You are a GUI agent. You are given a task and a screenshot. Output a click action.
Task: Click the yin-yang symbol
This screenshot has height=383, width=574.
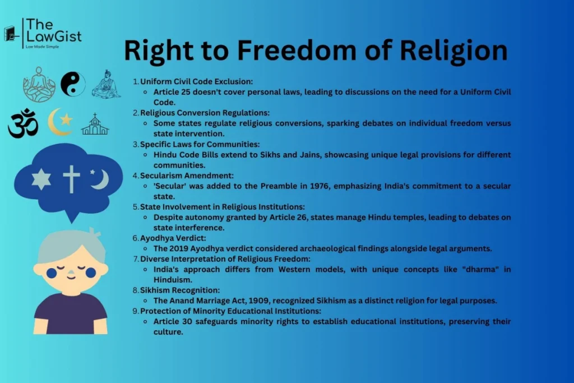pos(73,84)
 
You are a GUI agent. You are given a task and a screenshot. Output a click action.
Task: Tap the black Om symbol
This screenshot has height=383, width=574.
pos(23,123)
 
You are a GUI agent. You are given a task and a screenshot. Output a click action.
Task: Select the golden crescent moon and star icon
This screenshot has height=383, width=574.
pos(61,122)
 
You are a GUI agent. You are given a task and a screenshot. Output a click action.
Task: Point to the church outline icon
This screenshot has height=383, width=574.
pos(95,124)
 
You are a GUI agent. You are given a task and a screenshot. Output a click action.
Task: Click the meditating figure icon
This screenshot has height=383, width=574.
pos(39,85)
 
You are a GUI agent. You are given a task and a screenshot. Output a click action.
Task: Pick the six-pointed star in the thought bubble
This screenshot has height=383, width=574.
pos(41,179)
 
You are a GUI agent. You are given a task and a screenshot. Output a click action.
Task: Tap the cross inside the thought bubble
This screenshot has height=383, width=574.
pos(71,179)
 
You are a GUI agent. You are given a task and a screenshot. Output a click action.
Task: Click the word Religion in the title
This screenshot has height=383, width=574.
pos(453,51)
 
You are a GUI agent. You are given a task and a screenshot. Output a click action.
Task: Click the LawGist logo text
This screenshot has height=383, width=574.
pos(53,30)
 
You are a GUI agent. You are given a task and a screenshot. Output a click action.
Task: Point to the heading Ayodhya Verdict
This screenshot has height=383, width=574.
pos(173,238)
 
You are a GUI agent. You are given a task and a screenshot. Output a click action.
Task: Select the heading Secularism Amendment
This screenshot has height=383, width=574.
pos(187,176)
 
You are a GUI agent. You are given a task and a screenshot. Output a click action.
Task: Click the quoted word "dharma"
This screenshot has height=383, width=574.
pos(480,269)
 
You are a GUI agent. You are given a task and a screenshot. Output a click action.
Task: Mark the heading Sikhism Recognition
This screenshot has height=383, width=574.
pos(180,290)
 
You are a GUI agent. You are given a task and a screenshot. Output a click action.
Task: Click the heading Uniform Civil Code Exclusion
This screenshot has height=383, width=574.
pos(196,81)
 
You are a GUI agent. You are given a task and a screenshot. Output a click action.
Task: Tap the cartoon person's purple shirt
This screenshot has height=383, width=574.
pos(71,314)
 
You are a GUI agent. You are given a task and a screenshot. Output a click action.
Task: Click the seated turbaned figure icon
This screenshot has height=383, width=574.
pos(106,84)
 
